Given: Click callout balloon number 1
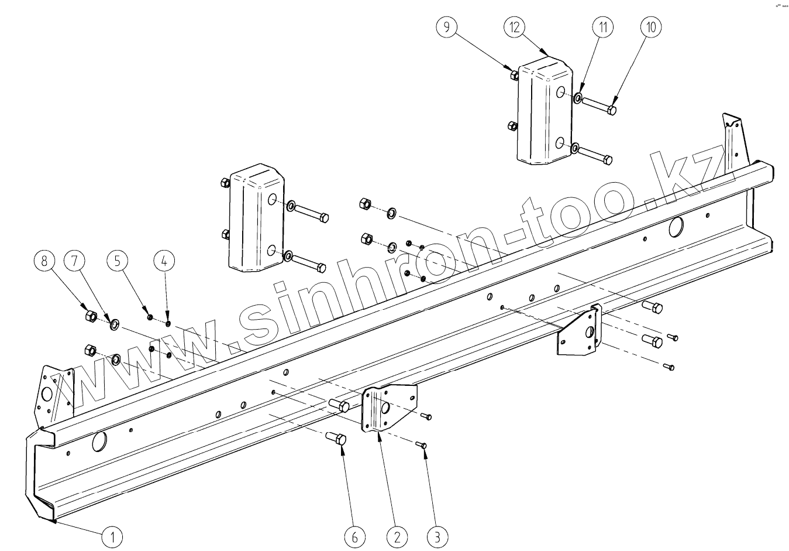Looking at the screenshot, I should tap(113, 535).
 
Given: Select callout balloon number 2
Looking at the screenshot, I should tap(397, 536).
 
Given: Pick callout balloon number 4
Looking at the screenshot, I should tap(164, 261).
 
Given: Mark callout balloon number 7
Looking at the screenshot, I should tap(74, 261).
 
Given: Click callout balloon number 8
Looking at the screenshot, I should tap(44, 261).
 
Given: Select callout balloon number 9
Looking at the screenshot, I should tap(446, 28).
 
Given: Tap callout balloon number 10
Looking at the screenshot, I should tap(652, 27).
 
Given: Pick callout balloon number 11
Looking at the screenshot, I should tap(602, 27).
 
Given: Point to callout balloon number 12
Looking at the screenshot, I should tap(515, 28).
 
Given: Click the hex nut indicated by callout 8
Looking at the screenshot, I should tap(90, 317).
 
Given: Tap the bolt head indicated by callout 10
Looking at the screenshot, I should tap(611, 109).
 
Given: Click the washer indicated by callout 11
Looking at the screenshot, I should tap(577, 97).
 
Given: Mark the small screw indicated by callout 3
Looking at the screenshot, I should tap(422, 446).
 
